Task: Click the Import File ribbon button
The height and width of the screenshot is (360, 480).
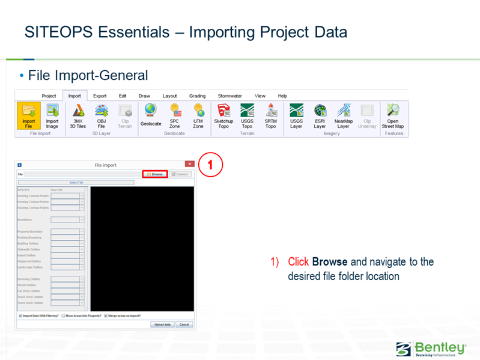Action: coord(28,115)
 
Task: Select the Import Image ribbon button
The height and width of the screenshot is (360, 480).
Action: coord(52,115)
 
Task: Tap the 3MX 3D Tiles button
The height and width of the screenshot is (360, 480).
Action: coord(77,115)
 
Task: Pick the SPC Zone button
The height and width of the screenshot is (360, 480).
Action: coord(175,115)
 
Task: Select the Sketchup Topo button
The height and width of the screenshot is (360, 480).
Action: coord(223,115)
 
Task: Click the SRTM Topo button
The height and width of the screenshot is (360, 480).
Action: coord(270,115)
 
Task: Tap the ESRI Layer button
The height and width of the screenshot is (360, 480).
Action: coord(320,115)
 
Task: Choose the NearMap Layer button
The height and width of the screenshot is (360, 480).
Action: coord(343,115)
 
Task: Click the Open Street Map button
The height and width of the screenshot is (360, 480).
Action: coord(393,115)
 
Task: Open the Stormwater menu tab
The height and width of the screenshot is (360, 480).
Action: coord(229,96)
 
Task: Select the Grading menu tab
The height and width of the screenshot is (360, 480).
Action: coord(197,96)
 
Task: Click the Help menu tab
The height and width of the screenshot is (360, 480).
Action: coord(282,96)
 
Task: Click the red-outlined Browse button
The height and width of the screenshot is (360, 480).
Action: coord(154,174)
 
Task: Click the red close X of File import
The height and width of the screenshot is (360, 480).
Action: coord(190,164)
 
